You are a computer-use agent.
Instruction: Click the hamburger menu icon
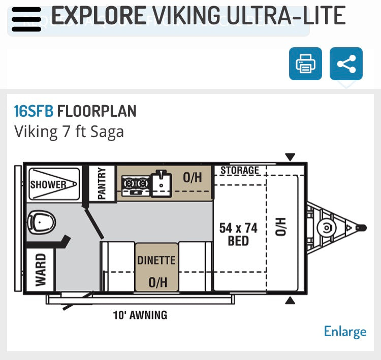click(x=26, y=19)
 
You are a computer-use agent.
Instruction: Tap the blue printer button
click(x=305, y=63)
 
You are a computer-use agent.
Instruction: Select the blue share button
click(x=346, y=63)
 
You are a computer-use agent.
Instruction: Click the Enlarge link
click(x=345, y=332)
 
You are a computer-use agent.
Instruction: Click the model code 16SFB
click(x=34, y=111)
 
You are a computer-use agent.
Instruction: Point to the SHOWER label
click(x=48, y=185)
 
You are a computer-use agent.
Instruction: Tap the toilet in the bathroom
click(x=42, y=222)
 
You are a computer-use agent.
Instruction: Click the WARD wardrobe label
click(x=41, y=270)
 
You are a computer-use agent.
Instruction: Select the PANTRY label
click(x=102, y=183)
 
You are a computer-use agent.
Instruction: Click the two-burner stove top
click(x=136, y=185)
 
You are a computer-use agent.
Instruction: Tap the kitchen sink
click(x=161, y=183)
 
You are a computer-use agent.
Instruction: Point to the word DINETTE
click(x=156, y=260)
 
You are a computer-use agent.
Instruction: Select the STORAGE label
click(x=240, y=170)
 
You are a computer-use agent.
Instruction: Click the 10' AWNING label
click(x=140, y=315)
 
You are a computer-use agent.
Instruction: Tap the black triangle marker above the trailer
click(x=290, y=157)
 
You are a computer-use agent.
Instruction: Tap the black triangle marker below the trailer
click(x=290, y=301)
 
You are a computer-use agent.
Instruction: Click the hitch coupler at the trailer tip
click(x=361, y=228)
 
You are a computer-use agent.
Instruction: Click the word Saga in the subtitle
click(x=107, y=132)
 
